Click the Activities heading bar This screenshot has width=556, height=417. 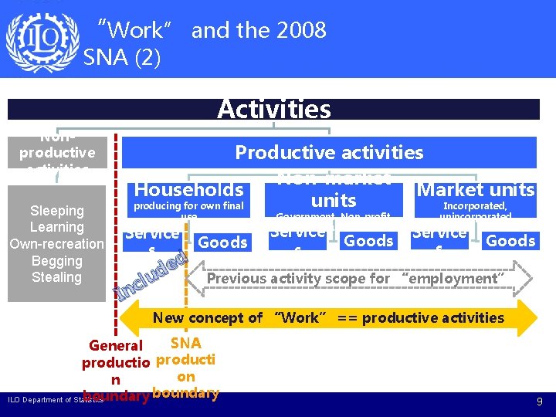(273, 109)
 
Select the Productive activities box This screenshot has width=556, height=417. (329, 152)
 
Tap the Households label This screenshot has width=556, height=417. (189, 189)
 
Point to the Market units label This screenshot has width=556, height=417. (476, 189)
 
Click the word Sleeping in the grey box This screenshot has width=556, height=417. (56, 211)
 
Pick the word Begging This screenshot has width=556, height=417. (56, 261)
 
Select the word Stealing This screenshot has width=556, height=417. (56, 277)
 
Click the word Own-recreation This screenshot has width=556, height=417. (56, 244)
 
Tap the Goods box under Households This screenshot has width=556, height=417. (222, 242)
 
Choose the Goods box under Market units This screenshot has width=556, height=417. (510, 241)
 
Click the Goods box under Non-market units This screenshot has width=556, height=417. (368, 241)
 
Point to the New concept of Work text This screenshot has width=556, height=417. (328, 317)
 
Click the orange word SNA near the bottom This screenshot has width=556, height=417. (185, 343)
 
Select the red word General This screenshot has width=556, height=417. (116, 346)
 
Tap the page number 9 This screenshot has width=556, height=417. (539, 402)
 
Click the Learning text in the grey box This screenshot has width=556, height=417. (56, 227)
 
